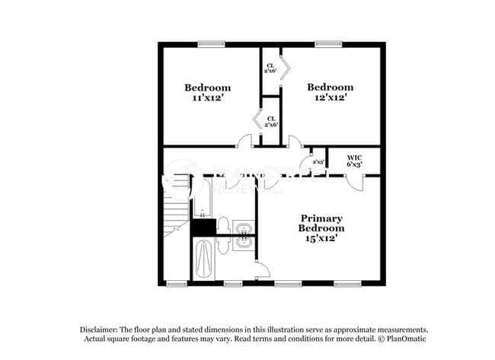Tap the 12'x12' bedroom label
(x=330, y=92)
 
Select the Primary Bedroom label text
(x=321, y=228)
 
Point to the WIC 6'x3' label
(x=353, y=160)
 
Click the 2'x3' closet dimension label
(x=318, y=161)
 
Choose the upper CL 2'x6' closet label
(x=270, y=67)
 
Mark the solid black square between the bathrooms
(x=203, y=227)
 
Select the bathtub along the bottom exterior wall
(x=203, y=260)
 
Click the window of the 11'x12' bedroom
(x=211, y=44)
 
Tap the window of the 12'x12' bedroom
(x=328, y=44)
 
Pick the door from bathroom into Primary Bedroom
(x=261, y=268)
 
